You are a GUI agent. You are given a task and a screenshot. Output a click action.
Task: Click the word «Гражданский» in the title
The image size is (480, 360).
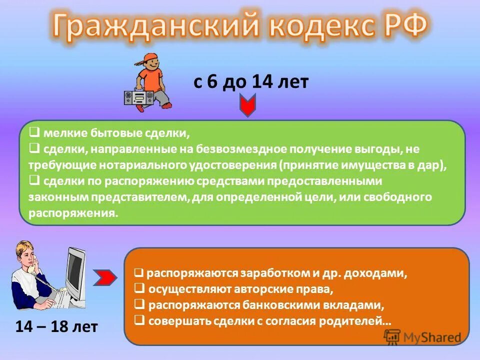[155, 26]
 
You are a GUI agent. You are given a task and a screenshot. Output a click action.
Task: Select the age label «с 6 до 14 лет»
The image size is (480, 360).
[251, 82]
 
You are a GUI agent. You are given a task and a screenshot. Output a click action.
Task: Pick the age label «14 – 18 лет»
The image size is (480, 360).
[56, 327]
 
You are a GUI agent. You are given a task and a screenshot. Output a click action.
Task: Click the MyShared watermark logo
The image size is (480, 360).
[423, 337]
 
